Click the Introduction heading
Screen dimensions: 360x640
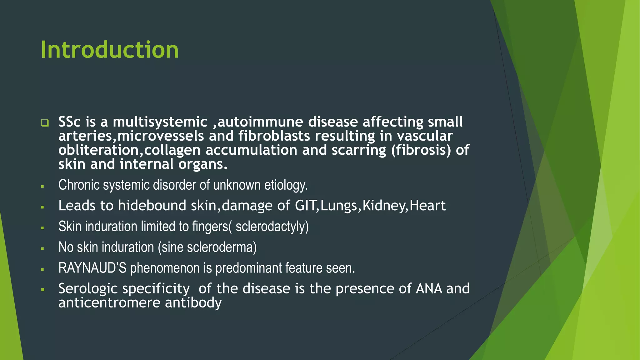tap(109, 50)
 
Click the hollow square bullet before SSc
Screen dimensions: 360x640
tap(45, 123)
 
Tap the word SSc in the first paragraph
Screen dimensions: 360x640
tap(69, 122)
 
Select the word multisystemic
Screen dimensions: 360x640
tap(160, 122)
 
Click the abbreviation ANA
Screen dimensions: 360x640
tap(429, 288)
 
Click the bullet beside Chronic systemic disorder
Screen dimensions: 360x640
tap(42, 187)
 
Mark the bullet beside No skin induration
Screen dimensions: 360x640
tap(42, 249)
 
